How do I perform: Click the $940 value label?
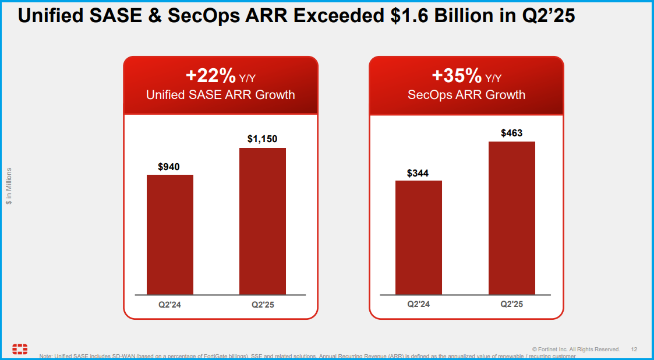[169, 167]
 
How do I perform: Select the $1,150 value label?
[262, 139]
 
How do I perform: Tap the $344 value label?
[418, 173]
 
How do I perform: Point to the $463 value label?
[511, 133]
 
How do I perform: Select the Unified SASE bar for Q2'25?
[263, 221]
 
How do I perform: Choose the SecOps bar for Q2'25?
[511, 218]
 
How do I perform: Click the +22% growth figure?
[210, 76]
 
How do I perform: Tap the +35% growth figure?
[457, 76]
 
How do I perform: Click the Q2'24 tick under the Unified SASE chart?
[169, 305]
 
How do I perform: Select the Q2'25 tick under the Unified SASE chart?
[263, 305]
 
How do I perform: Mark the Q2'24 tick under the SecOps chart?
[418, 304]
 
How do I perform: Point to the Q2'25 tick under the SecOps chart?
[511, 304]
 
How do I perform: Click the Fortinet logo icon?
[20, 349]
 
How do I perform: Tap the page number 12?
[634, 349]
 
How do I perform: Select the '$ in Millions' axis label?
[9, 186]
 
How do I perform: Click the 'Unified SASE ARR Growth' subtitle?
[220, 95]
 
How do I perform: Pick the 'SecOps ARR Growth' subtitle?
[466, 95]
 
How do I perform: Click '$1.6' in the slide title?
[409, 16]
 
